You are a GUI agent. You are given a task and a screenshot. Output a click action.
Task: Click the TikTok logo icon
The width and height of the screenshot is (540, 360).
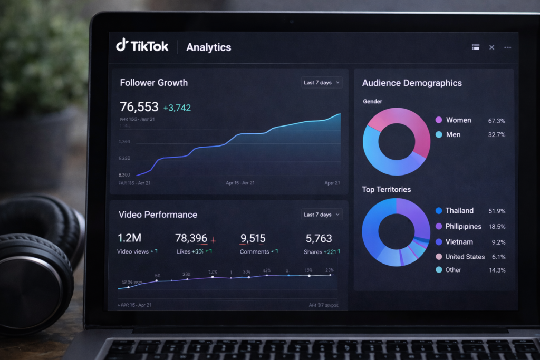coord(122,46)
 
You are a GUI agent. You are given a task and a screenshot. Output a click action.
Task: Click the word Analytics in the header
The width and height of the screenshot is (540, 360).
coord(208,47)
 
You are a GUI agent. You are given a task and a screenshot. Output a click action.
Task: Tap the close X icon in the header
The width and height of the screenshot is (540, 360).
coord(491,47)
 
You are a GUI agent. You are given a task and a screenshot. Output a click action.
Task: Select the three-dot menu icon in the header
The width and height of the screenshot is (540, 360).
coord(507,47)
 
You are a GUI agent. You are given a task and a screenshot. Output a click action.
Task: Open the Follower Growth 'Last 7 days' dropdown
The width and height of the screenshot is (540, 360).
coord(322,83)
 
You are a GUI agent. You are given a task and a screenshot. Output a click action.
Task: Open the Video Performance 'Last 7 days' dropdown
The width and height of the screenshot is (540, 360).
coord(322,215)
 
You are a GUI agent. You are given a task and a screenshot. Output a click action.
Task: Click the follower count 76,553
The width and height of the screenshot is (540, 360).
coord(139,107)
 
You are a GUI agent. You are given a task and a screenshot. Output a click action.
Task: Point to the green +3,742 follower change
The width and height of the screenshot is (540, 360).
coord(177,108)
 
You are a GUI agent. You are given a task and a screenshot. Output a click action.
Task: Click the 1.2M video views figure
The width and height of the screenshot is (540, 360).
coord(129,238)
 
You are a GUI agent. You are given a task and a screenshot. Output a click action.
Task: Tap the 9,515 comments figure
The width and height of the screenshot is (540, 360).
coord(253,238)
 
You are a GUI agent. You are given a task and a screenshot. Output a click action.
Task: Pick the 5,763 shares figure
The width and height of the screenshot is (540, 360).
coord(319,238)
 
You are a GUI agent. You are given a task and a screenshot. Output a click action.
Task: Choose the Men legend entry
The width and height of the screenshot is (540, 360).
coord(453,134)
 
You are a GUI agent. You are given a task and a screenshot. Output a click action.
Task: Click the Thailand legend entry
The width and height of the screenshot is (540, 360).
coord(459,210)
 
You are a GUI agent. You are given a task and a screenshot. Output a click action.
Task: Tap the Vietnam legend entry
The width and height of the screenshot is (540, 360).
coord(459,242)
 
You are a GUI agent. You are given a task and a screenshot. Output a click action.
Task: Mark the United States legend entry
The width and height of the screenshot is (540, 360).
coord(465,257)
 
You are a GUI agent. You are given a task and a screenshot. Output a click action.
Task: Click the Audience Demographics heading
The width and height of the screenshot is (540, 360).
coord(411,83)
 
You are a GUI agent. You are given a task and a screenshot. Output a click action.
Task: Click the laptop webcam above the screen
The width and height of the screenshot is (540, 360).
coord(291,22)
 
